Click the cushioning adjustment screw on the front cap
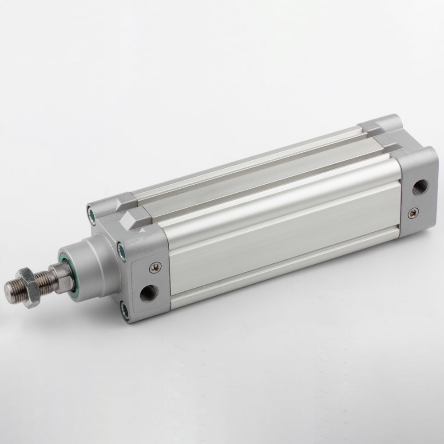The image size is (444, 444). click(x=155, y=267)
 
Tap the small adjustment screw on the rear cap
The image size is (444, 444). click(x=413, y=213)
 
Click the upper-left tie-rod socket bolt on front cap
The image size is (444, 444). click(x=92, y=214)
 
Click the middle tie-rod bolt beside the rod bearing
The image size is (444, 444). click(x=121, y=251)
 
